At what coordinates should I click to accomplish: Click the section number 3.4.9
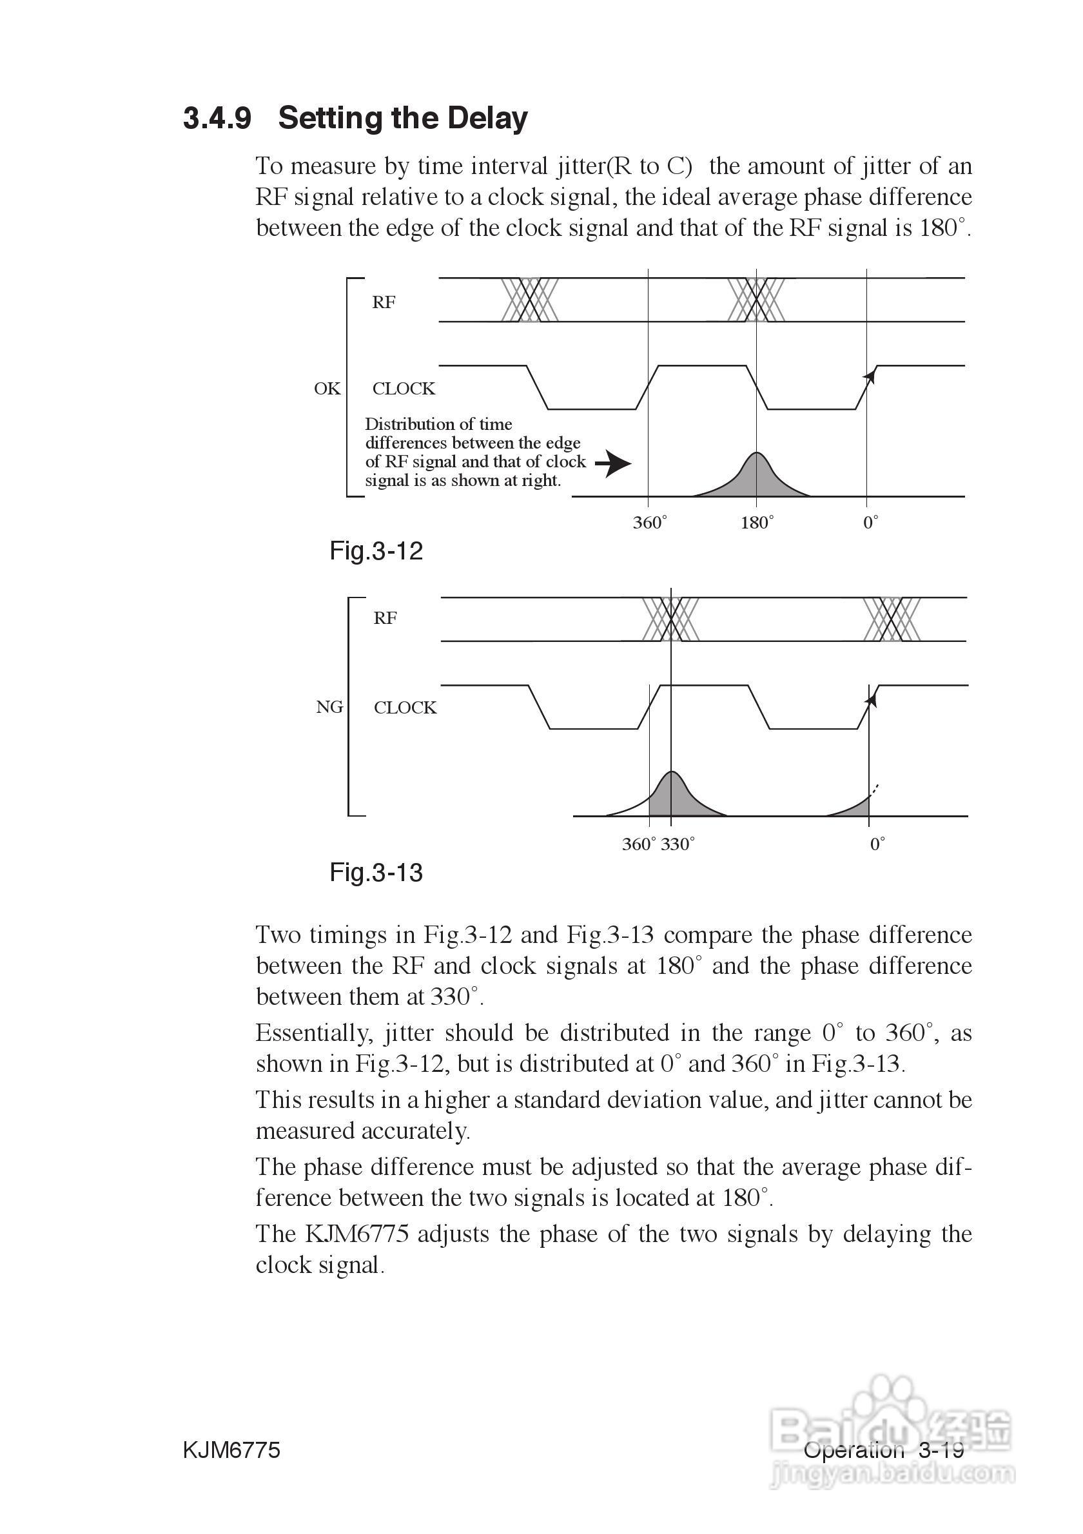tap(217, 118)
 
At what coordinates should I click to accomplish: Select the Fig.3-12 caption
tap(376, 551)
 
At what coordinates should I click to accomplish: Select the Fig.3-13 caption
tap(376, 873)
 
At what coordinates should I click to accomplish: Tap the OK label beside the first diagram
tap(327, 389)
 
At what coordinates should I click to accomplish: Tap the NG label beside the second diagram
tap(329, 707)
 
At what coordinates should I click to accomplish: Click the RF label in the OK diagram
tap(384, 303)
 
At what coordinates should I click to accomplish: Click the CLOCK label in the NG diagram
tap(405, 708)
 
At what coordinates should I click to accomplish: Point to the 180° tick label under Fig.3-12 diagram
tap(757, 523)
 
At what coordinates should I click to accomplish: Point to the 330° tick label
tap(678, 844)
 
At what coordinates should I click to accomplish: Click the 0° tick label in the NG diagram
tap(877, 844)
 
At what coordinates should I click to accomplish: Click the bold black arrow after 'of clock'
tap(612, 463)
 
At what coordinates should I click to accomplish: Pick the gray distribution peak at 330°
tap(672, 795)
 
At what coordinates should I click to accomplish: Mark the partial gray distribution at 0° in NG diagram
tap(855, 807)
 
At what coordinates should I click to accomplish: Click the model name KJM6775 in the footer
tap(231, 1450)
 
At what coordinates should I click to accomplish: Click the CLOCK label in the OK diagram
tap(404, 389)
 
